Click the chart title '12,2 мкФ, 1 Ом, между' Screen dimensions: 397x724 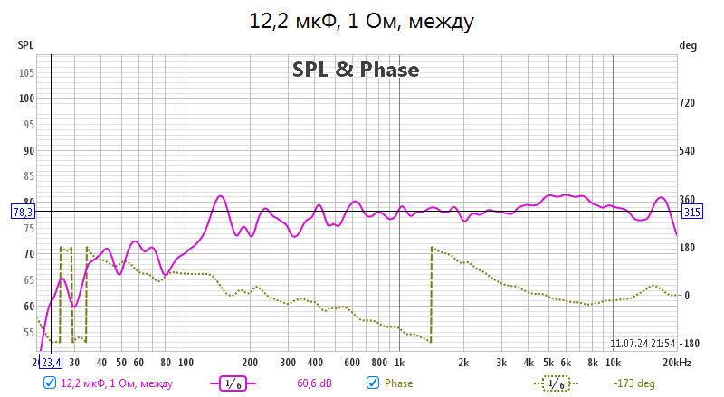tap(362, 21)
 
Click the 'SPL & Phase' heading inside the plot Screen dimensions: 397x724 tap(356, 69)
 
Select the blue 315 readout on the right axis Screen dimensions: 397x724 tap(693, 213)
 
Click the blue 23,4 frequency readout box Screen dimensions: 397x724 tap(51, 363)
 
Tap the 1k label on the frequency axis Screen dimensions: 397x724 tap(399, 363)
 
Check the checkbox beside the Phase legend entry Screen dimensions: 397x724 tap(372, 383)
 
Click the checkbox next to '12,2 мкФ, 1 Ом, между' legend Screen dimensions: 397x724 tap(49, 383)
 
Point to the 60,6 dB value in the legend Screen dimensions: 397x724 tap(314, 383)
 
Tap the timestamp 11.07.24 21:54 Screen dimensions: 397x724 tap(643, 344)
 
